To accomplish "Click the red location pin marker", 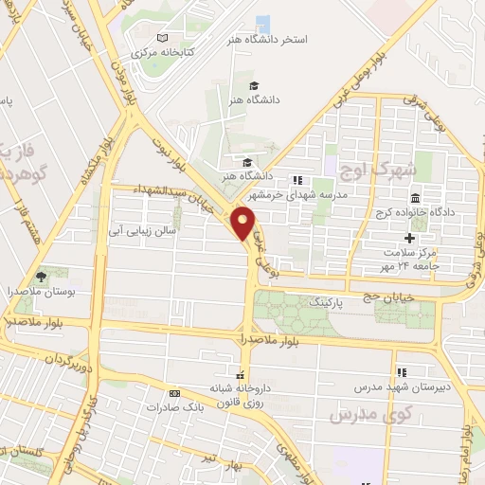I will pos(244,224).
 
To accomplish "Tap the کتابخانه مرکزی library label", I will pos(162,52).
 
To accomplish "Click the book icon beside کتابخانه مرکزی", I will pos(162,38).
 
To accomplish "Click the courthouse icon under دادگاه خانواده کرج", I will pos(417,198).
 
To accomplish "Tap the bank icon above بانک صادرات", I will pos(174,392).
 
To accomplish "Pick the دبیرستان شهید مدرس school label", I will pos(401,386).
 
